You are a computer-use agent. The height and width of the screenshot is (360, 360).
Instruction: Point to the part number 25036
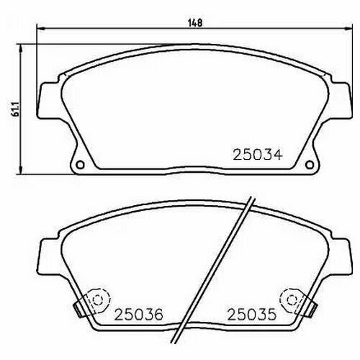click(x=137, y=315)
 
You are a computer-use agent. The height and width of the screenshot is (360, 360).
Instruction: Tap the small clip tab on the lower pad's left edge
click(x=77, y=308)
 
